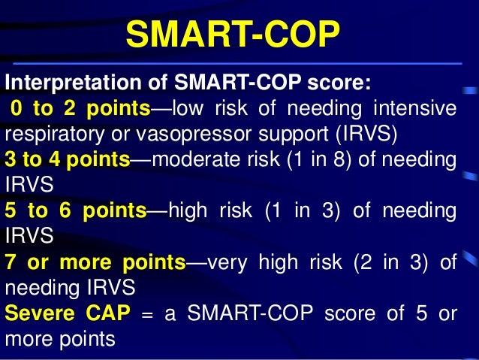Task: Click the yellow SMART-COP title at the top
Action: [233, 35]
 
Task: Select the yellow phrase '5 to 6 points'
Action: [75, 211]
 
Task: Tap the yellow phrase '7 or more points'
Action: [95, 262]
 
